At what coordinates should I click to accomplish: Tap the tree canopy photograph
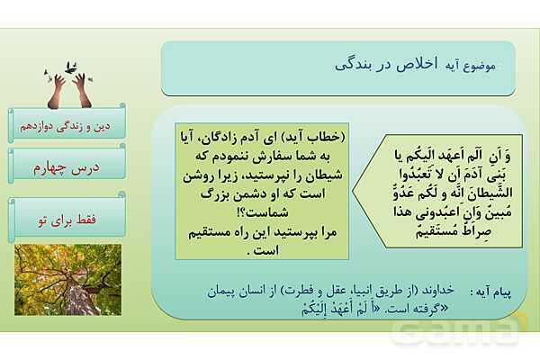click(x=67, y=279)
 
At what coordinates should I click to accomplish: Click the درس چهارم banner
click(x=67, y=167)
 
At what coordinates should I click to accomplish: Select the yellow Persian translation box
click(x=245, y=191)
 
